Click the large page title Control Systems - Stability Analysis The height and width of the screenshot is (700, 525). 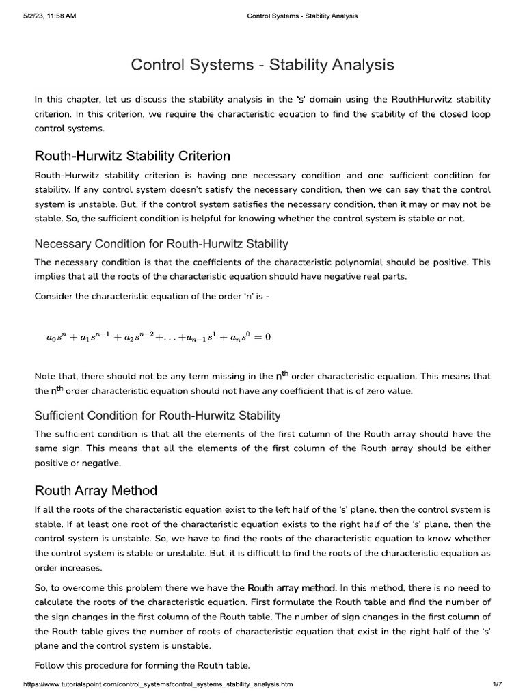click(262, 65)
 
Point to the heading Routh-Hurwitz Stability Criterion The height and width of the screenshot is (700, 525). click(132, 157)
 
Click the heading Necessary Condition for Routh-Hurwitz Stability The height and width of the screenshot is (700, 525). click(161, 244)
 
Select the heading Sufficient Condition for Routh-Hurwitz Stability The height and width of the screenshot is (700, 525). click(157, 416)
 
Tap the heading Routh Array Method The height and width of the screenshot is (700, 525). click(96, 490)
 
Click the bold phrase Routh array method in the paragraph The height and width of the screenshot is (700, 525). click(291, 588)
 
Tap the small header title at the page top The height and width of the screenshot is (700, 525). click(301, 16)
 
